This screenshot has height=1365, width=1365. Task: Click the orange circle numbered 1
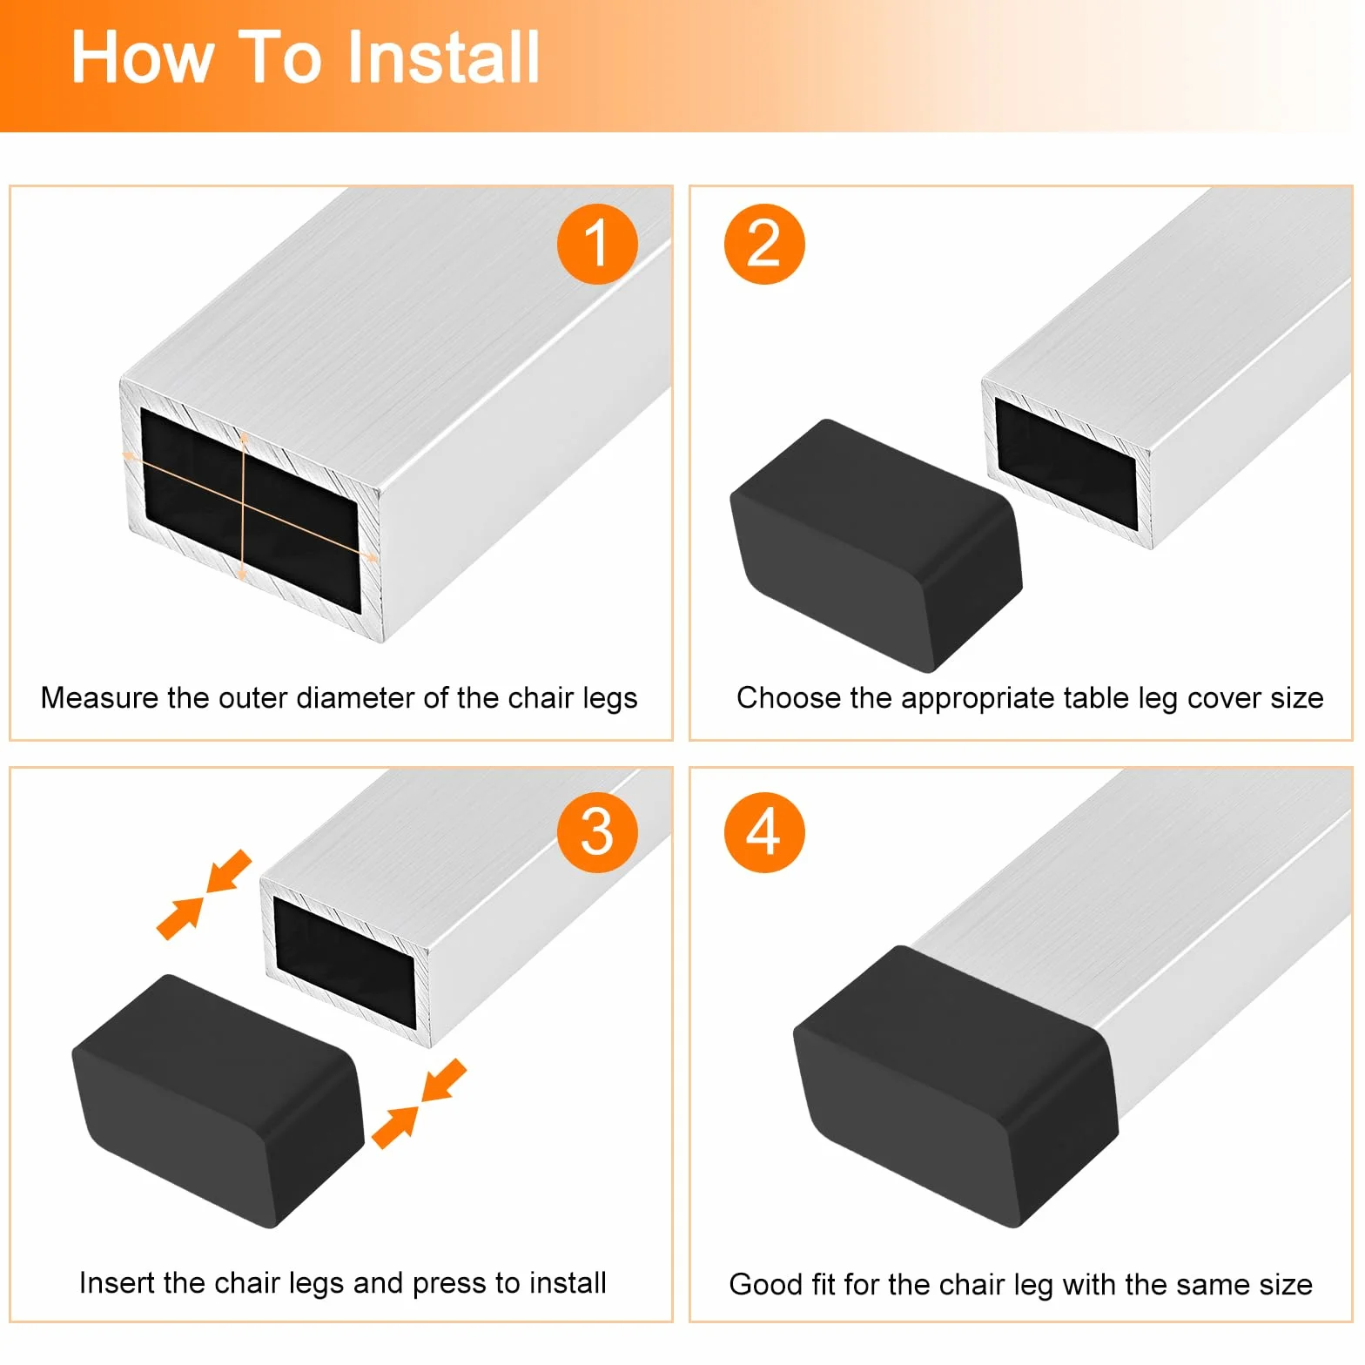tap(597, 244)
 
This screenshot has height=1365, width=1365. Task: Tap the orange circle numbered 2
tap(764, 244)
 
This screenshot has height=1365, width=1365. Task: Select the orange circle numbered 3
tap(597, 832)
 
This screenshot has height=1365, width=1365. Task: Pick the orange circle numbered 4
tap(764, 832)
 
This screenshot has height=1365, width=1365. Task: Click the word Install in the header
tap(442, 57)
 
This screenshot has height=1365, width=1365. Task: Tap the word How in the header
tap(142, 57)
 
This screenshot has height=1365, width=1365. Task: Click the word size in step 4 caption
tap(1283, 1285)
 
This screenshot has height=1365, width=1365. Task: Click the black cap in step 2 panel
tap(876, 546)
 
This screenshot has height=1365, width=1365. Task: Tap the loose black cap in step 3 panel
tap(218, 1100)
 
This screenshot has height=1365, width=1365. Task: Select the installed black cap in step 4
tap(956, 1086)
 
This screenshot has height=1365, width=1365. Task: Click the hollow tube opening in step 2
tap(1066, 464)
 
